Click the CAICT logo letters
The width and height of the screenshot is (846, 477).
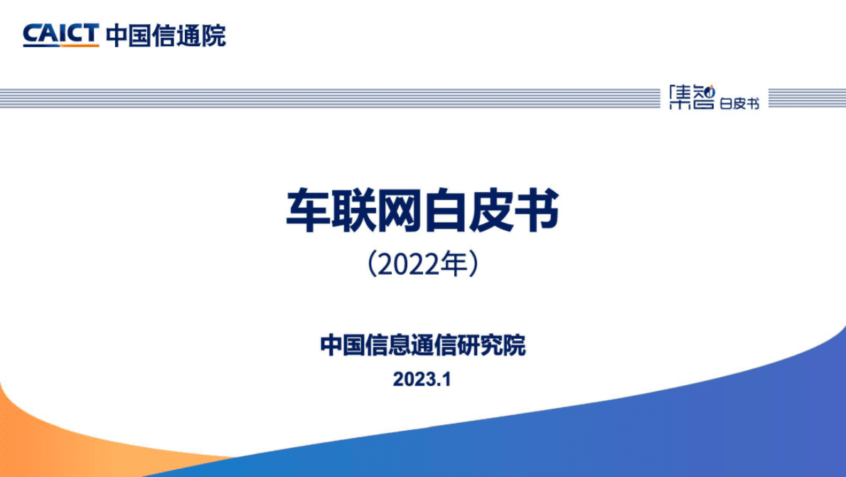tap(60, 33)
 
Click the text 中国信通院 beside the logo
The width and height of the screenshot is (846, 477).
tap(166, 34)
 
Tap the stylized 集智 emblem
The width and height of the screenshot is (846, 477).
tap(692, 98)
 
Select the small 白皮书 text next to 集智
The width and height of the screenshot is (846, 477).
tap(739, 104)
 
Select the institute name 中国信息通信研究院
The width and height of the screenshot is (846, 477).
tap(423, 347)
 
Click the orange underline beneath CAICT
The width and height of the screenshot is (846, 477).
tap(60, 46)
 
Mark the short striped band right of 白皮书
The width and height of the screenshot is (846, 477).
tap(806, 98)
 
